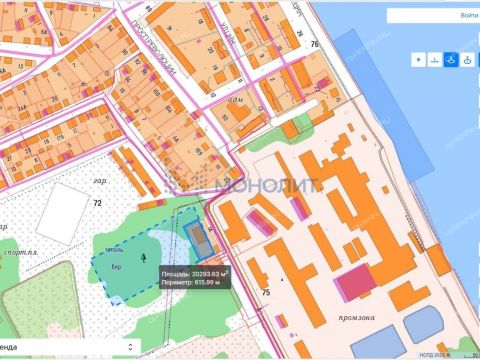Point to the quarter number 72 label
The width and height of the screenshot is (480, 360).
[97, 203]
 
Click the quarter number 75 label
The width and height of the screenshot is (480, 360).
[265, 291]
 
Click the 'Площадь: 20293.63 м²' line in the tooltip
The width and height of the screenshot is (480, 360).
[196, 272]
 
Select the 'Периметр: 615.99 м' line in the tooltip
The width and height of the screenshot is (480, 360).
[191, 282]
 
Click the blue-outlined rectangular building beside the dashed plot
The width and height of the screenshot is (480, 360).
[197, 237]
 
